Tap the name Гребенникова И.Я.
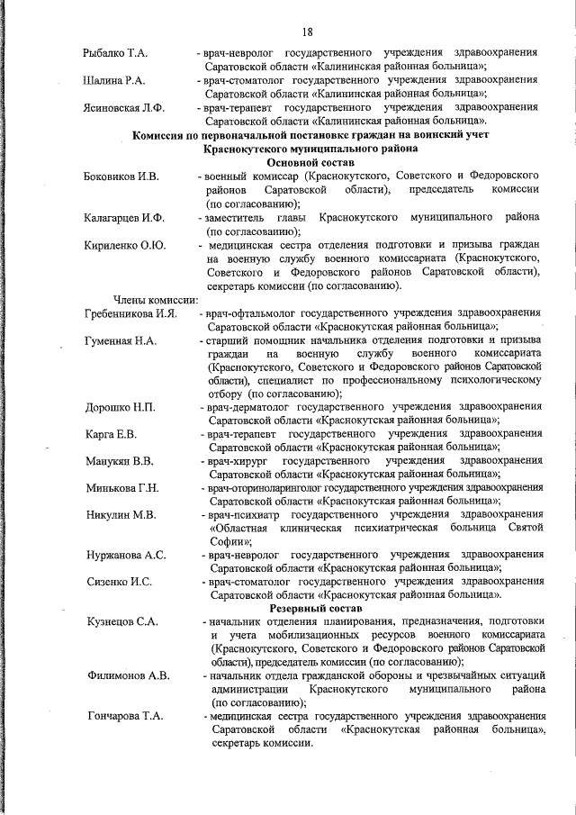(x=130, y=313)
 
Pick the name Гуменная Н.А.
(x=121, y=340)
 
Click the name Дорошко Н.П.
(x=120, y=408)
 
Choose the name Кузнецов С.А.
(x=122, y=622)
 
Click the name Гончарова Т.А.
(x=125, y=716)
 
